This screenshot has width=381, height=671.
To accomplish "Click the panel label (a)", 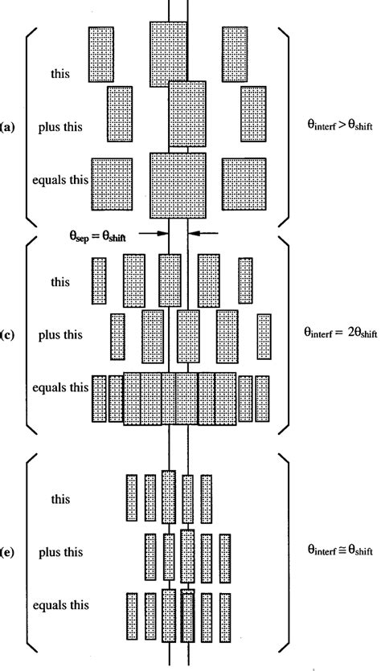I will [7, 127].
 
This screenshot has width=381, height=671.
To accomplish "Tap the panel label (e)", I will [7, 553].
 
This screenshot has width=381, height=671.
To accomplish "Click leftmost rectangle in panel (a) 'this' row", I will [103, 55].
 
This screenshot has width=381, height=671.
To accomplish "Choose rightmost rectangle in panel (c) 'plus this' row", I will [264, 337].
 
